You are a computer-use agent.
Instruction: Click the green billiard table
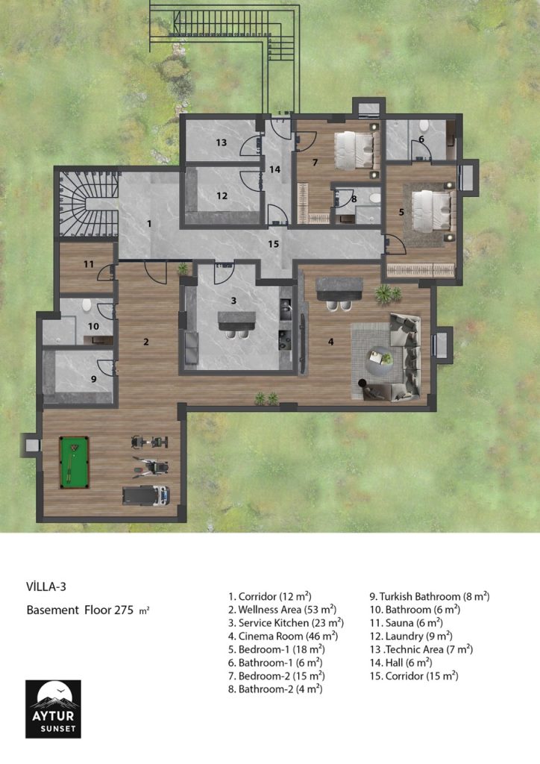point(74,462)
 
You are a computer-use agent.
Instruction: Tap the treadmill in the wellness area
point(145,495)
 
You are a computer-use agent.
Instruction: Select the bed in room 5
point(433,210)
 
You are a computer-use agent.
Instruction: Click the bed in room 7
point(356,149)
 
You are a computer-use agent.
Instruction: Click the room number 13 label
point(222,143)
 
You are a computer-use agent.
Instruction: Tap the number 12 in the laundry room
point(222,196)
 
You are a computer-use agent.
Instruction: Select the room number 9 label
point(93,378)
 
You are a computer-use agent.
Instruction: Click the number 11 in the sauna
point(89,264)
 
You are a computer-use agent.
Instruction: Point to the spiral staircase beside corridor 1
point(88,203)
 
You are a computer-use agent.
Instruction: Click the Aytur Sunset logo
point(53,709)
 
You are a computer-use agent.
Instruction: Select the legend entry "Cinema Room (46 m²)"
point(283,636)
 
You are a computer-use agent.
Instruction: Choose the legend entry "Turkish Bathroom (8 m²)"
point(430,596)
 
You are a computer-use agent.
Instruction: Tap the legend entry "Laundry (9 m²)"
point(411,636)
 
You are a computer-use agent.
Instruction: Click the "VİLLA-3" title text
point(46,586)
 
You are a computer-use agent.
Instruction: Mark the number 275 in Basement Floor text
point(124,610)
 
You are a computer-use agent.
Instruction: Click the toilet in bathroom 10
point(87,305)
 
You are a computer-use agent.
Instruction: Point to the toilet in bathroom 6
point(424,126)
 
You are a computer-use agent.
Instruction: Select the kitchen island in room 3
point(236,318)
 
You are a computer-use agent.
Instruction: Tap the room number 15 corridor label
point(274,244)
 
